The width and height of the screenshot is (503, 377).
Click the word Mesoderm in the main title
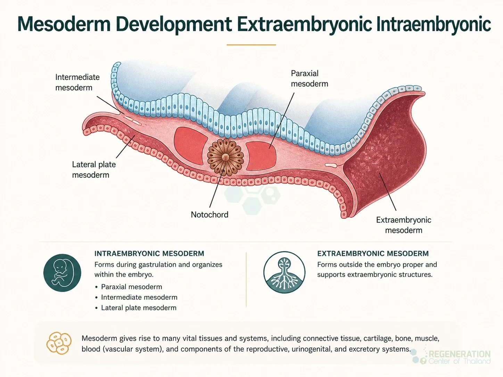pos(64,24)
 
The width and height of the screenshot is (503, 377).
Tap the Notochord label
pos(209,215)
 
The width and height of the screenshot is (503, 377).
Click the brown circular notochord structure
pos(225,157)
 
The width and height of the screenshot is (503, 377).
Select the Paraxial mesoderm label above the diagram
pos(310,78)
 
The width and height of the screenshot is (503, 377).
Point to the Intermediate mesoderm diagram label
pos(77,82)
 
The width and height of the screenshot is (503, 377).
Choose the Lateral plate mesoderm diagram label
pos(94,170)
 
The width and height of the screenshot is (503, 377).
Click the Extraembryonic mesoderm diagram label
pos(404,225)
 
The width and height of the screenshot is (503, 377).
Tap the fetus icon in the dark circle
pos(62,273)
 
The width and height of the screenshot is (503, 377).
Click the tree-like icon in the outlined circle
pos(284,273)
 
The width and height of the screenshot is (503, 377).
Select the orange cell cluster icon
pos(59,343)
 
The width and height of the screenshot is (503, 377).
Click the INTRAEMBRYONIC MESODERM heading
pos(149,253)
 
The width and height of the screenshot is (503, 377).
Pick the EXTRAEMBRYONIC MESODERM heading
pos(373,253)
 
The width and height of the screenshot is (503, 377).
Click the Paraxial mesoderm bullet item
pos(132,287)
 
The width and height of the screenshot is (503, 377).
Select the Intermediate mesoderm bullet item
pos(139,298)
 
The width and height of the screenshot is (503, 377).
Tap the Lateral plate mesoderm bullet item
pos(139,308)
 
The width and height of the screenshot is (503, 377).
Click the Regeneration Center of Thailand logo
pos(451,357)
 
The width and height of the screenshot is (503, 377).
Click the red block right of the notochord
pos(261,156)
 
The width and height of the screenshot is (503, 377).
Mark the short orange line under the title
pos(251,45)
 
